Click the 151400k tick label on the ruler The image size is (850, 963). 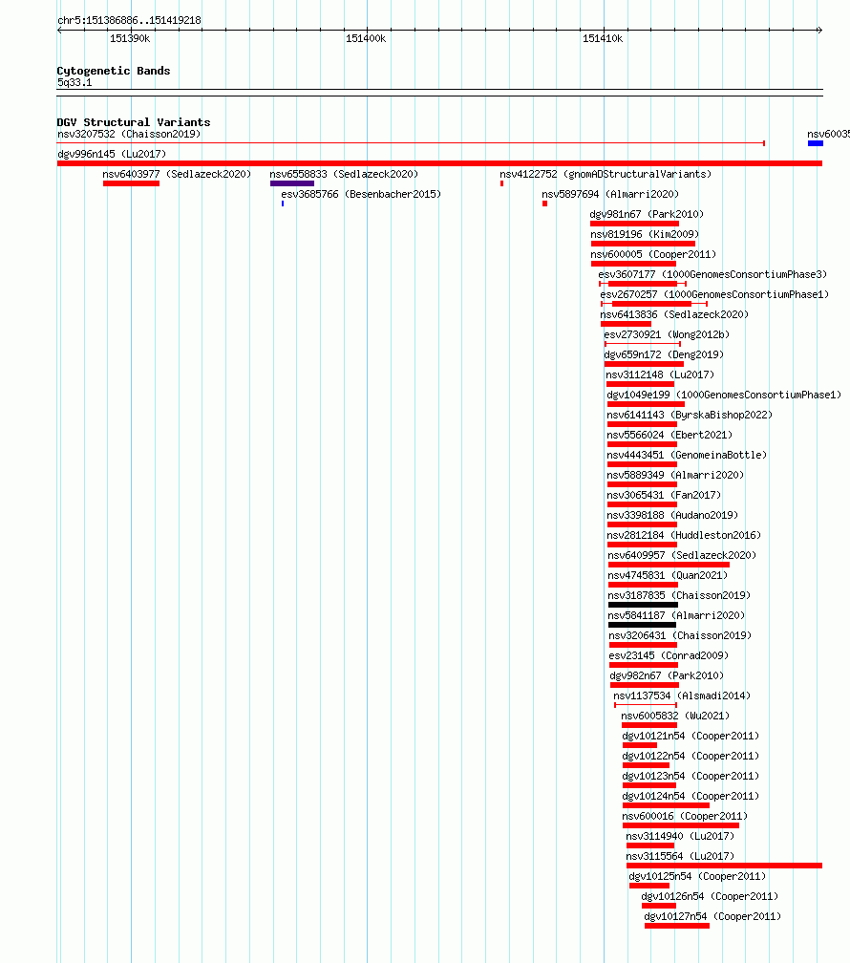coord(366,38)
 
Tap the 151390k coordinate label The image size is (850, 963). coord(130,38)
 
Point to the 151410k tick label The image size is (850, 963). coord(603,38)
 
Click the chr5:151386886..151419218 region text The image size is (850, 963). coord(129,20)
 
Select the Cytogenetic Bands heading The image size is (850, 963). coord(114,71)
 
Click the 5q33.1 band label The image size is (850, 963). coord(74,82)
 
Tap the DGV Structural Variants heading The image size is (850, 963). coord(134,122)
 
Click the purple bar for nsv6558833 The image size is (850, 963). coord(292,183)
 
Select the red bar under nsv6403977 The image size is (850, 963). coord(132,183)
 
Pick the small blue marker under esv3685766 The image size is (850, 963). coord(283,203)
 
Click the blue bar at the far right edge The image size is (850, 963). coord(816,143)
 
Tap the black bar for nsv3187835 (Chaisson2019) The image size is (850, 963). coord(643,605)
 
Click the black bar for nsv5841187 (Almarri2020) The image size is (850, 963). coord(642,625)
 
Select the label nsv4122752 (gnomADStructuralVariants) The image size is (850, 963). coord(606,175)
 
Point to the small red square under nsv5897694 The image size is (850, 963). coord(544,203)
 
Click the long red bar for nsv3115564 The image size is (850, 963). coord(724,866)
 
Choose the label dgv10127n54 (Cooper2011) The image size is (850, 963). coord(712,916)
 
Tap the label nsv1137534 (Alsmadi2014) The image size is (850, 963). coord(682,695)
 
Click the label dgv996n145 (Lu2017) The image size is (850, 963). coord(112,154)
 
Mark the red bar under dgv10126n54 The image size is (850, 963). coord(659,906)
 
